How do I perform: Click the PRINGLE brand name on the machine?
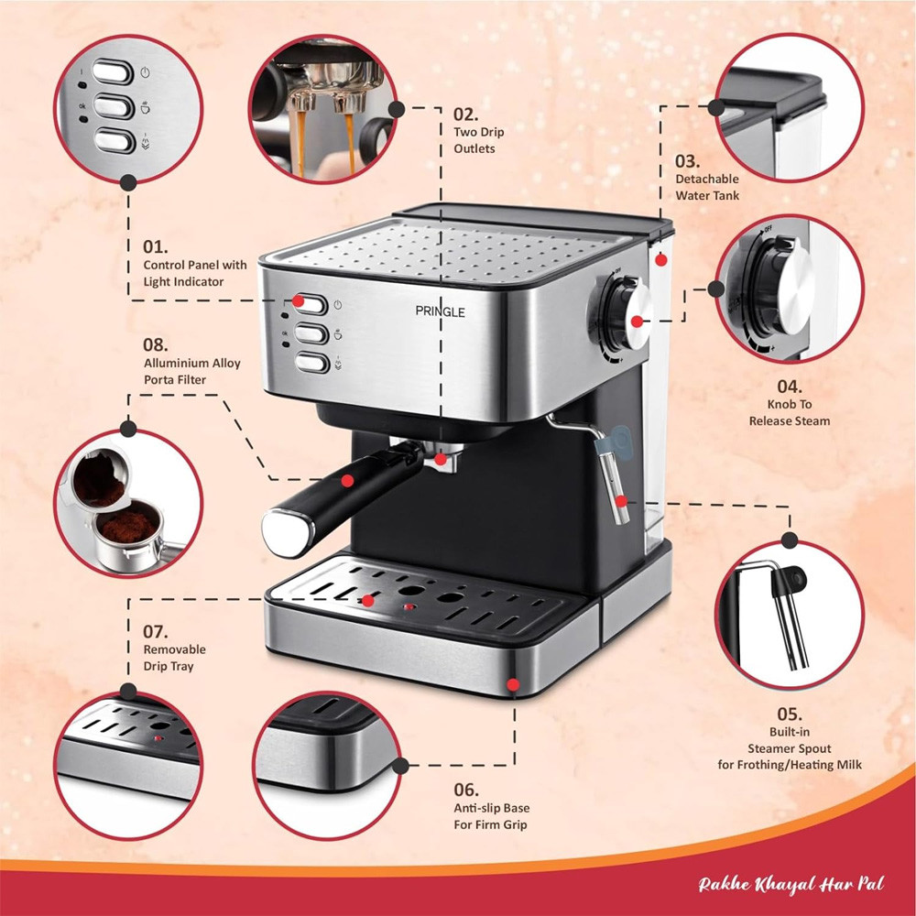pos(440,312)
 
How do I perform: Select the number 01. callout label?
pos(157,247)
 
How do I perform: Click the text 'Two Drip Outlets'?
pos(479,140)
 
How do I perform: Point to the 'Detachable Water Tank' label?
pos(707,187)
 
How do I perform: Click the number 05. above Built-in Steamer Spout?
pos(789,714)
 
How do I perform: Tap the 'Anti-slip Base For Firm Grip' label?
pos(492,816)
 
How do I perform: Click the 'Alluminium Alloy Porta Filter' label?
pos(192,371)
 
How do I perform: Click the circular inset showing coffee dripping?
pos(323,110)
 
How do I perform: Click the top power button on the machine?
pos(312,304)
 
